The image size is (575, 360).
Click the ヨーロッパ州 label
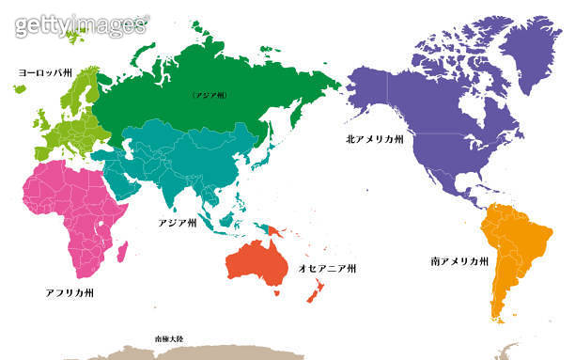point(46,72)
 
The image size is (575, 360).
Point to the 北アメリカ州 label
point(374,138)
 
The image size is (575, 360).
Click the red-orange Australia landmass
point(256,260)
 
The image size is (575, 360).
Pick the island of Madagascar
point(121,250)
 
